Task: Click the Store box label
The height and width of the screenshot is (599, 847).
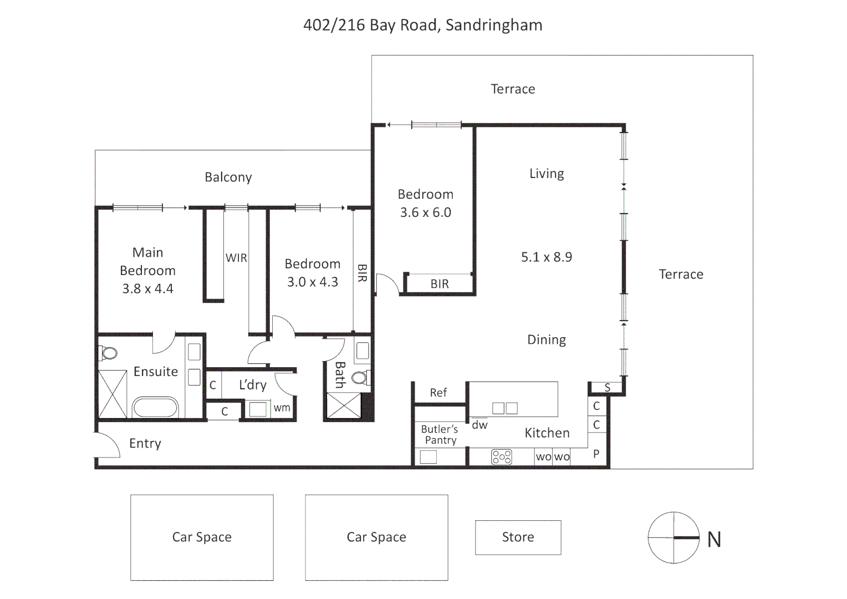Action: click(518, 536)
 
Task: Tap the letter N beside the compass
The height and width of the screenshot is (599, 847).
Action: click(714, 539)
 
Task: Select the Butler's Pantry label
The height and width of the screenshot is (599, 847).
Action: click(440, 434)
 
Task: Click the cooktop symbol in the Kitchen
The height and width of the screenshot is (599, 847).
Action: click(502, 456)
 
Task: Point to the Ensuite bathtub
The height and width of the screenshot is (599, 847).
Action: click(155, 407)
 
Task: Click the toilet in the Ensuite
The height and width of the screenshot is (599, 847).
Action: click(108, 353)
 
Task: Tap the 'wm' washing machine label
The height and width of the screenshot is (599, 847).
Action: click(282, 408)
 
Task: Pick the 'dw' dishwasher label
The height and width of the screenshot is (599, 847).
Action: click(479, 425)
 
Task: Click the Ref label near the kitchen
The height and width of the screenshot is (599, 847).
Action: click(438, 392)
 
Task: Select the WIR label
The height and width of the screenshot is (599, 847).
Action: click(236, 258)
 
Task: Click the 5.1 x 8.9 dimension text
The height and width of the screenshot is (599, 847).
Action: click(547, 257)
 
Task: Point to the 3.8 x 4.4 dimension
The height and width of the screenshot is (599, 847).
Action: click(147, 288)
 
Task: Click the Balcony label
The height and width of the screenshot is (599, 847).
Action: click(228, 177)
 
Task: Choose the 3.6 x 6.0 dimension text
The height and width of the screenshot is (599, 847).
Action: click(425, 212)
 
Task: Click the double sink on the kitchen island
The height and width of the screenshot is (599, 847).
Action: click(505, 408)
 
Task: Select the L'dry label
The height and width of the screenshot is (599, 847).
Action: click(253, 384)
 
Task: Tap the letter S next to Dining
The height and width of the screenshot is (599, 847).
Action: click(608, 388)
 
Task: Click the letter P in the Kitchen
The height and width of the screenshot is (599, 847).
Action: click(596, 453)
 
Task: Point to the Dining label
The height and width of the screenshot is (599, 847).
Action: click(547, 340)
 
